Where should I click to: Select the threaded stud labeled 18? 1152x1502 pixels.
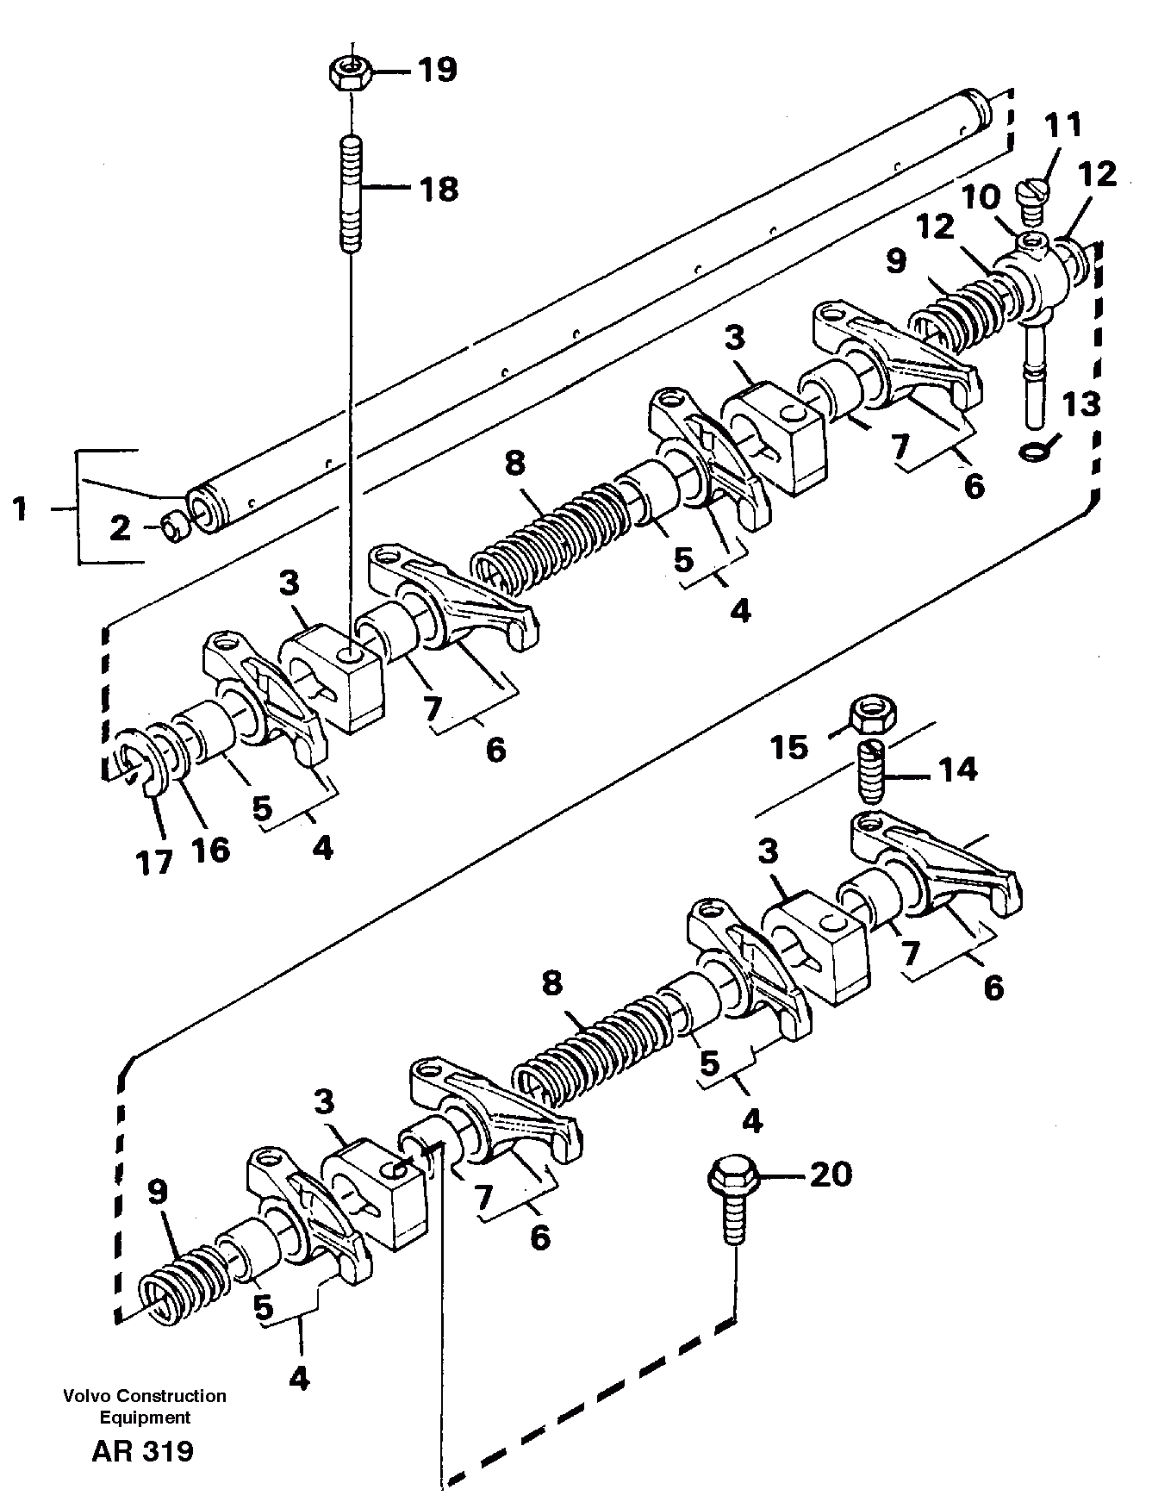351,193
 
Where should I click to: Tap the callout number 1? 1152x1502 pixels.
20,510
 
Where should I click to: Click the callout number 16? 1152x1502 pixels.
210,850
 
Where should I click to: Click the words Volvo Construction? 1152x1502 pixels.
144,1395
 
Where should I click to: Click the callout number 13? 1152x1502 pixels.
1081,402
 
